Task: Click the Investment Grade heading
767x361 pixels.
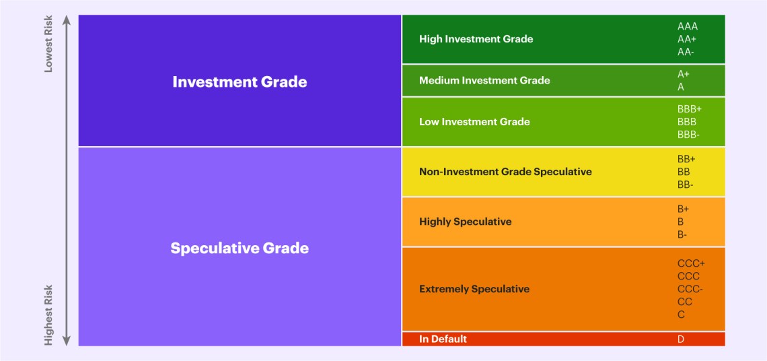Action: (x=240, y=81)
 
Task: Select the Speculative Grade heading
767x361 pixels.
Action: (x=240, y=248)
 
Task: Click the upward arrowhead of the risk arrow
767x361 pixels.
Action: (x=67, y=20)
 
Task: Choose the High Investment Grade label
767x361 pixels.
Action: (x=476, y=39)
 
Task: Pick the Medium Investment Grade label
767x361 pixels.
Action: (x=484, y=81)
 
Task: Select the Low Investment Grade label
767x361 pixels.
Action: (x=474, y=122)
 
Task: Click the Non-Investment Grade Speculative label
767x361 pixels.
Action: (x=505, y=172)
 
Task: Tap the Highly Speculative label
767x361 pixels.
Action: (x=465, y=222)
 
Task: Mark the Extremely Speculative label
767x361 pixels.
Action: (x=474, y=289)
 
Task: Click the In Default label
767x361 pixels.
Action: (x=443, y=339)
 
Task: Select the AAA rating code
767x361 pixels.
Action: (x=688, y=26)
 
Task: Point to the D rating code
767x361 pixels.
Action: (x=681, y=339)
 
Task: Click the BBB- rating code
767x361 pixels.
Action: (x=688, y=135)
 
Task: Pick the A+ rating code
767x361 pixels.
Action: (x=684, y=74)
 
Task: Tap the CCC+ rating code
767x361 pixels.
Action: (x=691, y=263)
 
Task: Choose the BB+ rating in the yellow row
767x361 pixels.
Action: (x=686, y=159)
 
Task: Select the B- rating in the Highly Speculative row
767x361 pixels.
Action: (x=683, y=234)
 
